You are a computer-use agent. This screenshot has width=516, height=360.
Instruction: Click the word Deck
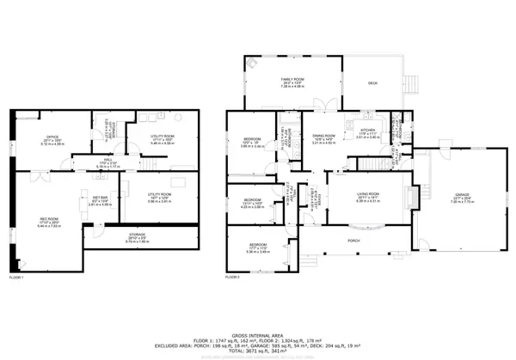[372, 83]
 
